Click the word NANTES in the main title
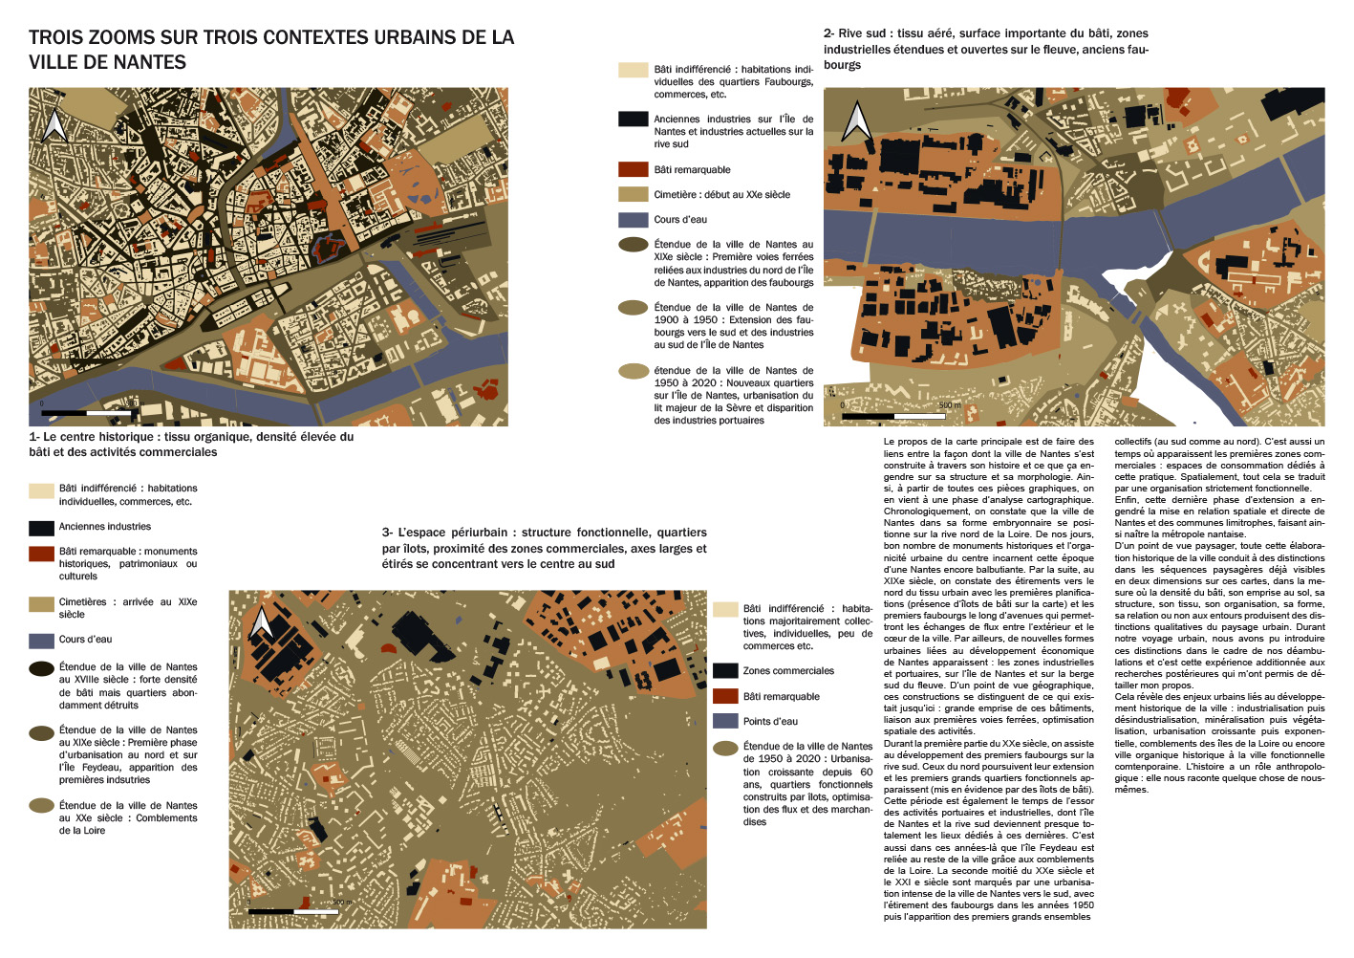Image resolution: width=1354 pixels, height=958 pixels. coord(148,62)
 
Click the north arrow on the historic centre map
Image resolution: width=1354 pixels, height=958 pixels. coord(54,125)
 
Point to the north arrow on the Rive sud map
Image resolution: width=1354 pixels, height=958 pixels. coord(855,121)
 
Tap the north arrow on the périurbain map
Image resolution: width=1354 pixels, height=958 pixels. coord(261,622)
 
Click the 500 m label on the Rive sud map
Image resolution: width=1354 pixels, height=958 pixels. coord(949,405)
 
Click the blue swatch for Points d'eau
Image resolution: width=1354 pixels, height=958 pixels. coord(725,721)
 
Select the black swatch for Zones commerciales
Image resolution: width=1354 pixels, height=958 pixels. coord(725,670)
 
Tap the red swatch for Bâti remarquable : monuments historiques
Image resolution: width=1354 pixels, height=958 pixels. coord(41,553)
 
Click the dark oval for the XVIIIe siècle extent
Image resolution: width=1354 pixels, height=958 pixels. coord(41,668)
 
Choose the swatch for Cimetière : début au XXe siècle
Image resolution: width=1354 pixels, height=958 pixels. coord(634,194)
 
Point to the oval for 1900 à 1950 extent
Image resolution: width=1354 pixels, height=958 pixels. coord(634,308)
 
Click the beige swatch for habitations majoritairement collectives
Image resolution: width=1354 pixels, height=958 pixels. coord(725,609)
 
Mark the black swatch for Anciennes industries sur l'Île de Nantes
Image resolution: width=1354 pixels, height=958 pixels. coord(634,120)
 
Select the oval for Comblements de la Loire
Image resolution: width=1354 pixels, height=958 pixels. coord(41,806)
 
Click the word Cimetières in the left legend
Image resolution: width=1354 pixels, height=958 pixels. coord(83,602)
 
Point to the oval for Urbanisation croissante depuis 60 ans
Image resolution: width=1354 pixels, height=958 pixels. coord(725,747)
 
